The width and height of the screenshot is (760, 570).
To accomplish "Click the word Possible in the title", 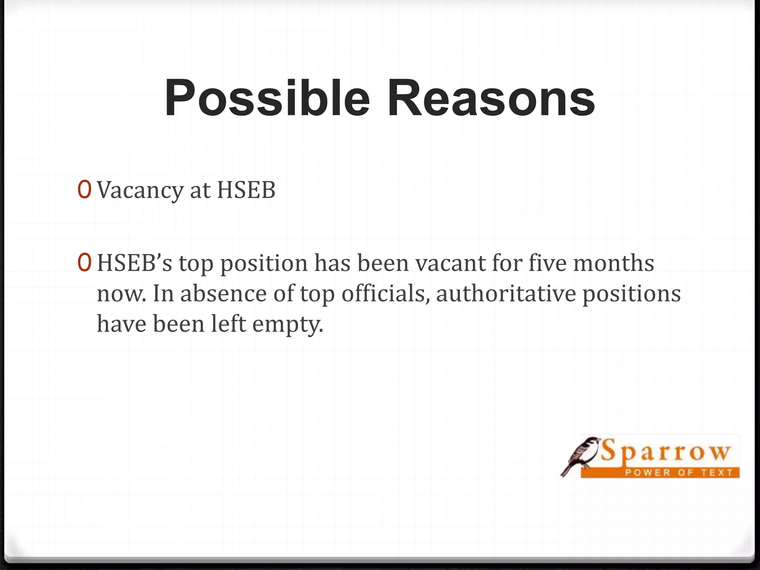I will (x=267, y=98).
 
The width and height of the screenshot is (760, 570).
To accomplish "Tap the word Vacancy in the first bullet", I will (x=140, y=191).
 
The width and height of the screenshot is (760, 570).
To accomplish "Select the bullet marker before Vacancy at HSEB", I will (x=84, y=190).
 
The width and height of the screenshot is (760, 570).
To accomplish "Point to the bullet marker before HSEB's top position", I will (x=84, y=262).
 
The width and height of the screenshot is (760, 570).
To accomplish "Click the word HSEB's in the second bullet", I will (x=135, y=263).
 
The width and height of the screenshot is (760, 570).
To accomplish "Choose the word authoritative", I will (x=506, y=294).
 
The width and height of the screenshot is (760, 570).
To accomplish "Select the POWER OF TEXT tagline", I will (x=679, y=472).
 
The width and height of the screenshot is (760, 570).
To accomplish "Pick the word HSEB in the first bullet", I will (x=246, y=191).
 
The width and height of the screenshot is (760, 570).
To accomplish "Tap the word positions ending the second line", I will (x=632, y=294).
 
